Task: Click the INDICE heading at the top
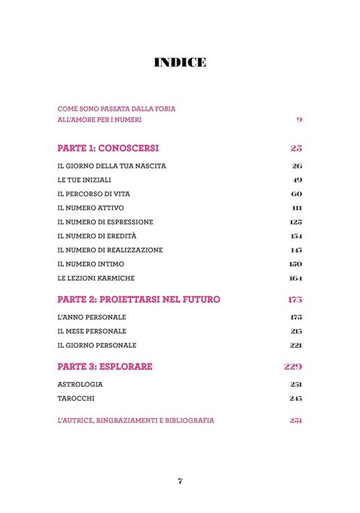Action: click(x=179, y=63)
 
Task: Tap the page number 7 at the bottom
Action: click(x=180, y=480)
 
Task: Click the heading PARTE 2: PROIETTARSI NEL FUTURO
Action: click(x=139, y=299)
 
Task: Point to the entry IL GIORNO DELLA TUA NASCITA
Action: click(x=111, y=166)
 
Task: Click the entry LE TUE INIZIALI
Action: click(x=85, y=180)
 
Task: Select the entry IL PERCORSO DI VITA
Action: click(x=93, y=194)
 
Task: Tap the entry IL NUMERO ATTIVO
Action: click(x=91, y=208)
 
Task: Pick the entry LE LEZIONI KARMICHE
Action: click(x=98, y=278)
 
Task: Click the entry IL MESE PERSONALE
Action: click(x=92, y=331)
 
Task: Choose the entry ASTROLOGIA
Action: click(x=80, y=385)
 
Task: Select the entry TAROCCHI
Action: click(x=76, y=399)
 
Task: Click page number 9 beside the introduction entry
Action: click(x=299, y=120)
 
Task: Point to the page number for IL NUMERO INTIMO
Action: click(x=296, y=264)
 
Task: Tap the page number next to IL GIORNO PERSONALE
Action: click(x=296, y=345)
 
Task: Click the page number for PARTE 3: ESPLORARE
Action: click(x=292, y=367)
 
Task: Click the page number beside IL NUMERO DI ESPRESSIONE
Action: click(x=296, y=222)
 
